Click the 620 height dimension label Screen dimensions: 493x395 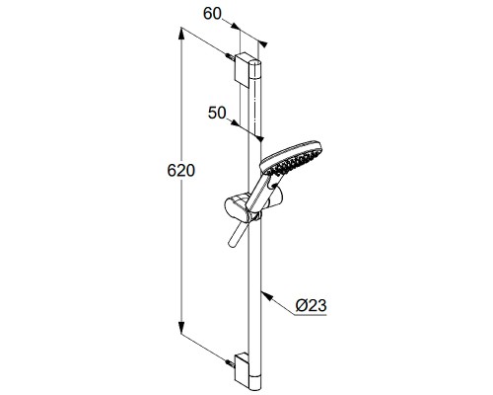pos(181,171)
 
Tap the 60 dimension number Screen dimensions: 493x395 pos(212,14)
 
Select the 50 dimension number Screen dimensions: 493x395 pos(217,113)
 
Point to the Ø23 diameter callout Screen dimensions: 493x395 pos(311,305)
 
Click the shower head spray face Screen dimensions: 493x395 pos(292,161)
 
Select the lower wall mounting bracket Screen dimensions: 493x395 pos(243,369)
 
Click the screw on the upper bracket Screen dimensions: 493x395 pos(230,56)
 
